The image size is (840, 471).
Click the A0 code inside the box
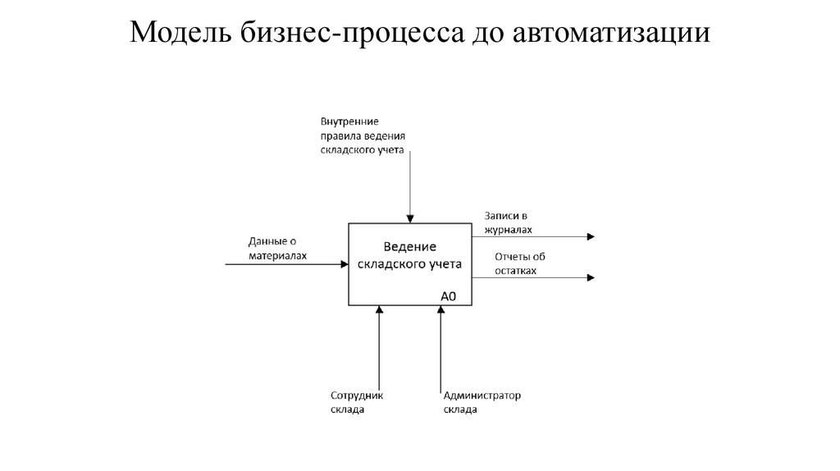click(x=449, y=296)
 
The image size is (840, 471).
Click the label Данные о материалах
click(x=277, y=249)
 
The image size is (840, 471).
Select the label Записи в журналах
click(x=507, y=223)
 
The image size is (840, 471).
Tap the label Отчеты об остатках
click(x=519, y=263)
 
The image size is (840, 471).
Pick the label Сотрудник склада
click(x=357, y=402)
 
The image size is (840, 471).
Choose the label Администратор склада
click(x=482, y=402)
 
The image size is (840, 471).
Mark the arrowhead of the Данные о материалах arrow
click(x=345, y=264)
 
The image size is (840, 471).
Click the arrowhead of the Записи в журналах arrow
click(x=591, y=237)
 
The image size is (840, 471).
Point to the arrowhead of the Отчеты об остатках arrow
click(x=591, y=278)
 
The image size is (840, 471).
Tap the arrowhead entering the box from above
click(x=410, y=218)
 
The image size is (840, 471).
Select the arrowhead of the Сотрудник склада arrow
click(x=379, y=310)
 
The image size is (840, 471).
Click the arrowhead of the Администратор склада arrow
click(x=441, y=310)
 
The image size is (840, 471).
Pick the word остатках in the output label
click(x=515, y=270)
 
